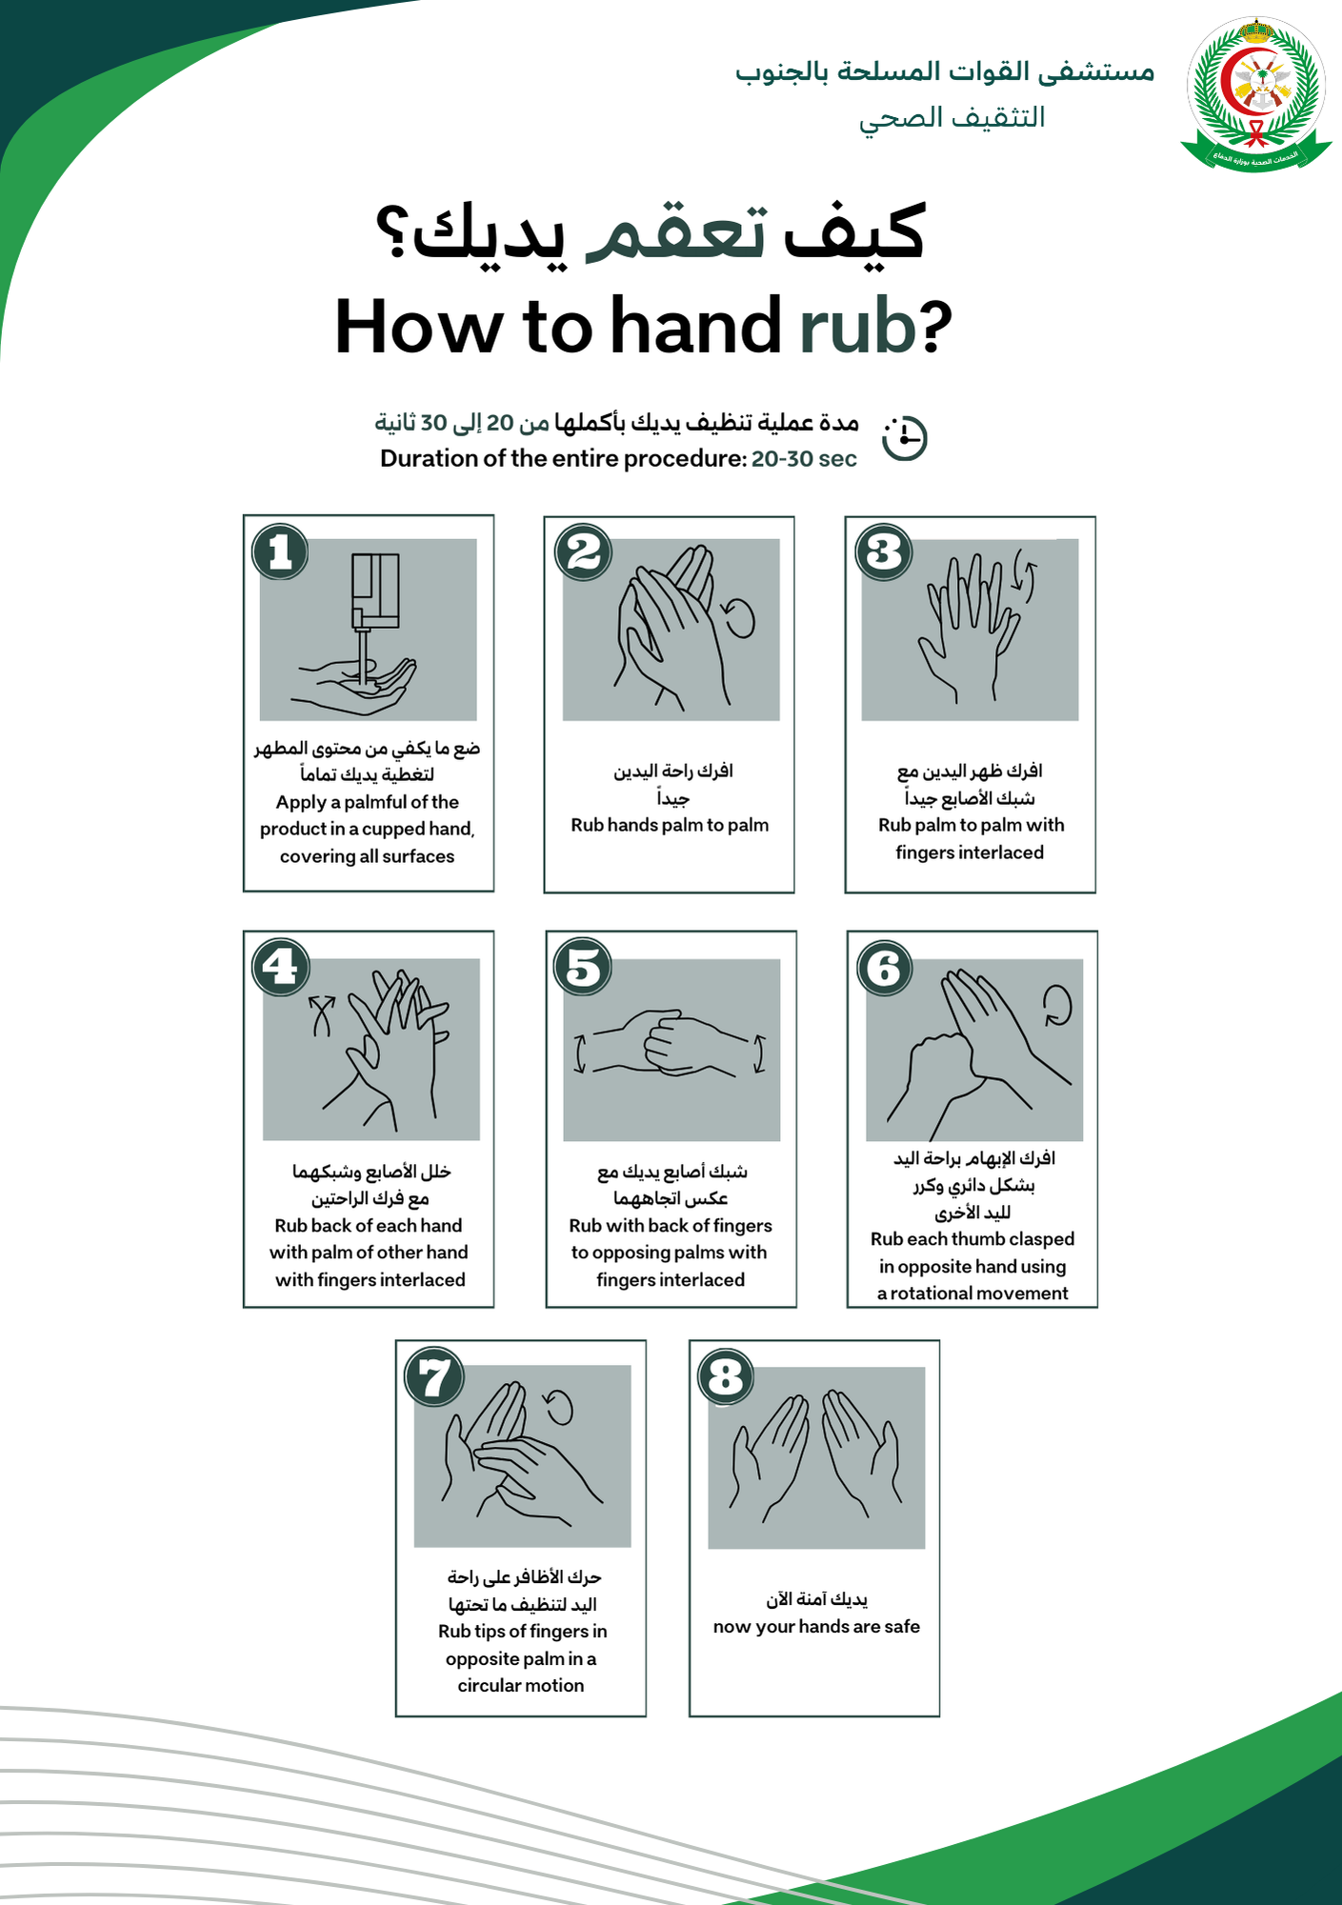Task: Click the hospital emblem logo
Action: (1255, 94)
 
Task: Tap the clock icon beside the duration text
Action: (904, 438)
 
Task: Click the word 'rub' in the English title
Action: (858, 326)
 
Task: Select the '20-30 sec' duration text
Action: (804, 459)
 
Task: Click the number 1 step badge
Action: (280, 551)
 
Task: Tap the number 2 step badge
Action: (584, 551)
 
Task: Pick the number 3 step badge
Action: (884, 551)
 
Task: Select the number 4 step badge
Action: (281, 968)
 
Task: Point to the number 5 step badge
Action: (583, 968)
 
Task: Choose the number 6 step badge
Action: (885, 968)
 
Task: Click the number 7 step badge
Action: (434, 1376)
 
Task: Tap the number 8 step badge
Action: (727, 1376)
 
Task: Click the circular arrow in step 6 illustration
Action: (1057, 1005)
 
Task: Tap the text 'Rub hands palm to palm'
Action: (670, 825)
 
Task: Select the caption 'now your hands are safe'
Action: (816, 1626)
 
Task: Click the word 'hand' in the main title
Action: (696, 326)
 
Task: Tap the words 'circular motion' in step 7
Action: (521, 1685)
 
